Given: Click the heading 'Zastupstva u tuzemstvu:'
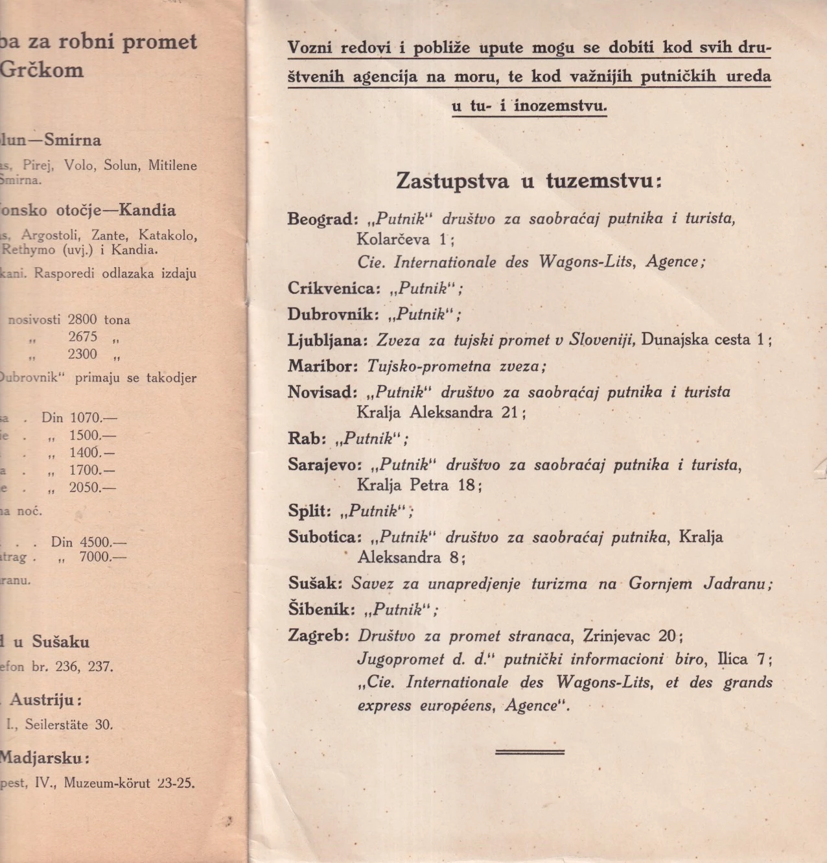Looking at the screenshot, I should coord(529,181).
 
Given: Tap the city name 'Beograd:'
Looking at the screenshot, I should coord(322,219).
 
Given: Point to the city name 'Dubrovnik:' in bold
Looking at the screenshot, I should coord(333,314).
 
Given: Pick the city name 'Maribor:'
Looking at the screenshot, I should coord(323,366).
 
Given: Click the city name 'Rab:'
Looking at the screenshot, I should coord(307,439).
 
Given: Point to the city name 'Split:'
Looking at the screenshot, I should coord(310,511).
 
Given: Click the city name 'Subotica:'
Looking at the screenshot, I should coord(325,537).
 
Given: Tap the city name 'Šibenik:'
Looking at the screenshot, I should coord(322,609).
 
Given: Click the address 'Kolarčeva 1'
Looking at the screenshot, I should coord(402,239).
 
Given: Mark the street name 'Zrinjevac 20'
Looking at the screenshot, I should coord(630,636).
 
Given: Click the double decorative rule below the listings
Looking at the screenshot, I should coord(530,752).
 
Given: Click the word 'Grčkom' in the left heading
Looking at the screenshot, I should coord(41,70).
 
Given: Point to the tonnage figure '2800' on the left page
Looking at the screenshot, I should coord(82,320).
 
